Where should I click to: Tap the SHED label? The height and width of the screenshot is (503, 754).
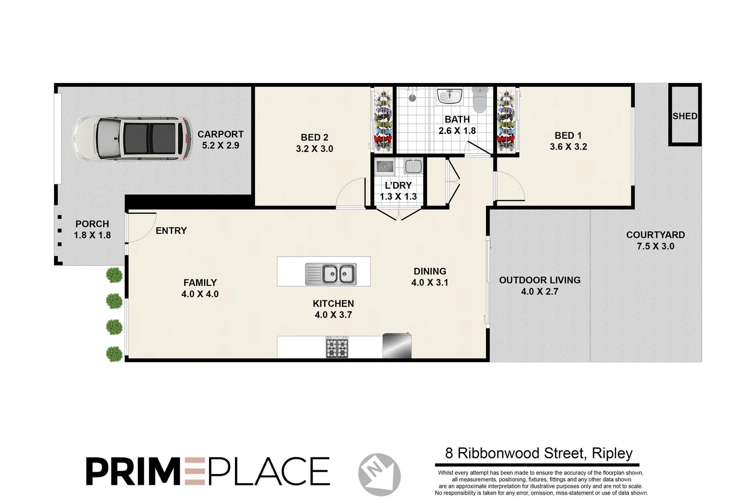pos(685,116)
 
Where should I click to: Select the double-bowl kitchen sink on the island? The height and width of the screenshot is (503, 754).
pos(331,274)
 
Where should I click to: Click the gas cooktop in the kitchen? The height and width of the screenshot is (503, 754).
pos(337,348)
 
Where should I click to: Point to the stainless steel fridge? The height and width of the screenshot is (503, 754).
pos(397,346)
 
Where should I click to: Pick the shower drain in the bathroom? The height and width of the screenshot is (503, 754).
pos(412,98)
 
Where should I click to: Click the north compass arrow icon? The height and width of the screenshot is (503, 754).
pos(379,474)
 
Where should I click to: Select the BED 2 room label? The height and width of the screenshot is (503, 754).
pos(314,137)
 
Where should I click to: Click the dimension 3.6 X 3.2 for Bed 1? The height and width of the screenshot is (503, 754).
pos(568,147)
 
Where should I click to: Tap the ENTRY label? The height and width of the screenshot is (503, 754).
pos(171,231)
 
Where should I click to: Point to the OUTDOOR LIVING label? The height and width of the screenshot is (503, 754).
pos(539,280)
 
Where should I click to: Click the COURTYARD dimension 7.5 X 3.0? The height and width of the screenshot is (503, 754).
pos(655,246)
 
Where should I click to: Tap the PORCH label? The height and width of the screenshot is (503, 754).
pos(92,224)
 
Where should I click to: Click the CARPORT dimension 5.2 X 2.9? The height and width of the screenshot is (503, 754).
pos(220,145)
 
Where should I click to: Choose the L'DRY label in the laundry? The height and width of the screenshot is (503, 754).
pos(398,185)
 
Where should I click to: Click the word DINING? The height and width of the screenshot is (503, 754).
pos(430,271)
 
